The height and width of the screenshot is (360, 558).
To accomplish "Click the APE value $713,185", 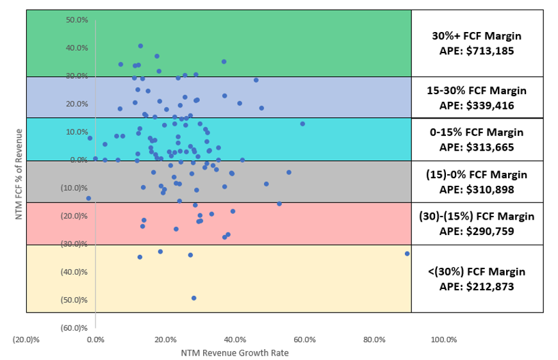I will point(477,49).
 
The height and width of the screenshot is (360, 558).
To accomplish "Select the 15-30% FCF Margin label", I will point(477,90).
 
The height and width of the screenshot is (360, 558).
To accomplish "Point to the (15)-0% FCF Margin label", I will point(477,174).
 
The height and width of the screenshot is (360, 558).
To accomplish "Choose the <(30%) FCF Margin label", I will point(477,272).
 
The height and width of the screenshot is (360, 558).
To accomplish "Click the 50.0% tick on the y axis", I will point(77,20).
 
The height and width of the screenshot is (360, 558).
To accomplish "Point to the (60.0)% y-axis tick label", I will point(76,328).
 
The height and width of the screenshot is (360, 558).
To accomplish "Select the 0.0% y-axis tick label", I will point(78,160).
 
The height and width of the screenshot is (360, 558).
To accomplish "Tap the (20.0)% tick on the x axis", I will point(26,340).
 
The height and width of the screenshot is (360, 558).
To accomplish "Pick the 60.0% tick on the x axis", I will point(304,340).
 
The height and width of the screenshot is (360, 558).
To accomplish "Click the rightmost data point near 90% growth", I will point(407,254).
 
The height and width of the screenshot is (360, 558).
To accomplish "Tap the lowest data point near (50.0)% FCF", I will point(194,298).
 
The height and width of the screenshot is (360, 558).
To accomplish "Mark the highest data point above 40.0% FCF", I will point(140,46).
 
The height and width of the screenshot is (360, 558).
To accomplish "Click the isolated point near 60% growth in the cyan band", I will point(302,124).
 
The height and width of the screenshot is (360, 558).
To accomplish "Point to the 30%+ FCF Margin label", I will point(477,36).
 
